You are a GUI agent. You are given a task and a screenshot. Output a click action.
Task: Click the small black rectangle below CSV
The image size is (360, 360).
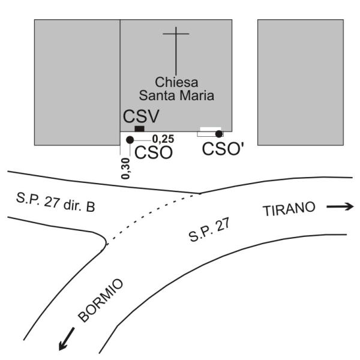139,128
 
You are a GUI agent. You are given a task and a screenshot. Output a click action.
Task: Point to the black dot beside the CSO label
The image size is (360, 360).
130,140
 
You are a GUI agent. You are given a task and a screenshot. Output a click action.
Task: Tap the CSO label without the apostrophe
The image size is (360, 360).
154,152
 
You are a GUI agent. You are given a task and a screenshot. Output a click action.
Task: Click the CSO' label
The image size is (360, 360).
223,149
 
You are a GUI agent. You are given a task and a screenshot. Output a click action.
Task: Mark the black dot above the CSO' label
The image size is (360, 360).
219,134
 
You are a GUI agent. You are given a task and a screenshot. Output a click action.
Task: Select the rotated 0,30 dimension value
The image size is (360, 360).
125,169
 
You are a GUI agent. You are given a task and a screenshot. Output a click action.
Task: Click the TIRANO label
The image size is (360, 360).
288,209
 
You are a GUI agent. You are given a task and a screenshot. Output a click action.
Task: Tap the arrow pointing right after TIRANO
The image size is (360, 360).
340,207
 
